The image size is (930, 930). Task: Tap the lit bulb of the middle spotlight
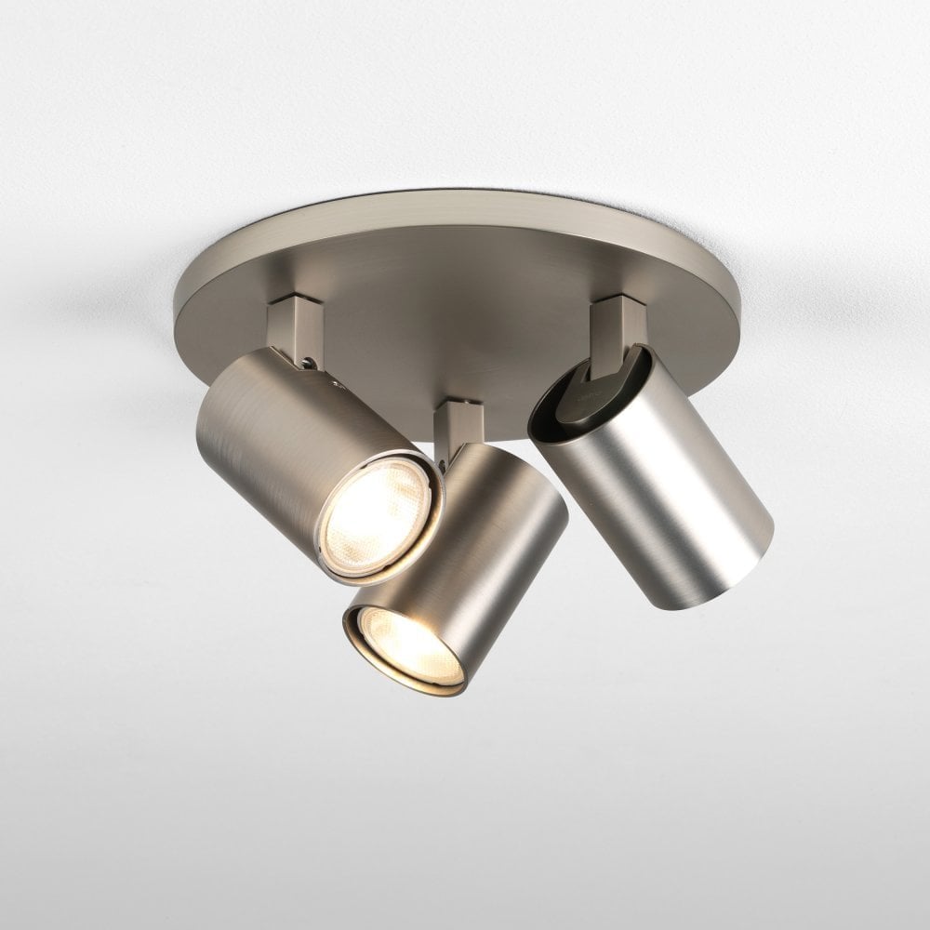pyautogui.click(x=409, y=646)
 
